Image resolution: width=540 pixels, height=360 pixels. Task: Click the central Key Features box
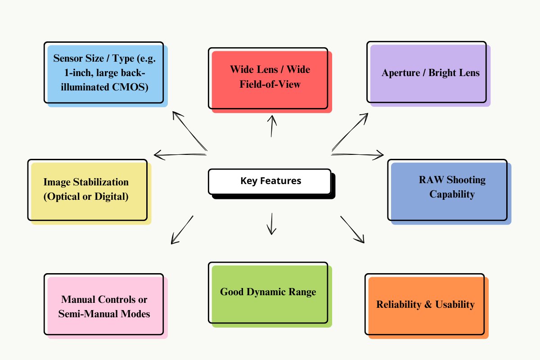[270, 181]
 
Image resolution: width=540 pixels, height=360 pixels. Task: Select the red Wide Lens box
[270, 79]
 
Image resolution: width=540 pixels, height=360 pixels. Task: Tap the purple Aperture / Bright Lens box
[427, 73]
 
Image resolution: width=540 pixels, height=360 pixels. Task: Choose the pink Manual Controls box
[104, 306]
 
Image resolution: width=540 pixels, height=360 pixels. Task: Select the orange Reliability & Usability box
[426, 305]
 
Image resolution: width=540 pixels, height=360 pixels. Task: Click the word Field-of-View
[270, 84]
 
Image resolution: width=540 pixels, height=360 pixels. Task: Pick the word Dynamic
[268, 292]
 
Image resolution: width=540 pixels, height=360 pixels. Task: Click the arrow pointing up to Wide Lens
[271, 126]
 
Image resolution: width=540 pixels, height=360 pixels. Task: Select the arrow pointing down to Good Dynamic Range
[271, 224]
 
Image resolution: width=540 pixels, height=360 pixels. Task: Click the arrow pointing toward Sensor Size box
[189, 131]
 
